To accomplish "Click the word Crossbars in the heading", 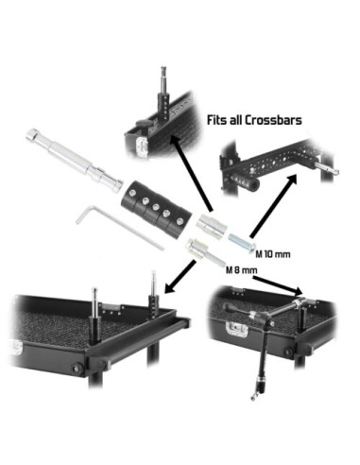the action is tap(273, 120).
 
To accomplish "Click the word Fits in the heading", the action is tap(217, 120).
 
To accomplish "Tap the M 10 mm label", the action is tap(273, 254).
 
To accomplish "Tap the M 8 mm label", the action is tap(242, 270).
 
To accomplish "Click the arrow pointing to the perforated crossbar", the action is tap(273, 206).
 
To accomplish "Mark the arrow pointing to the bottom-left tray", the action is tap(180, 277).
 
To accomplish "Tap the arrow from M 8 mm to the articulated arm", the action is tap(278, 284).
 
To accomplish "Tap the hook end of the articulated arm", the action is tap(252, 398).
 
